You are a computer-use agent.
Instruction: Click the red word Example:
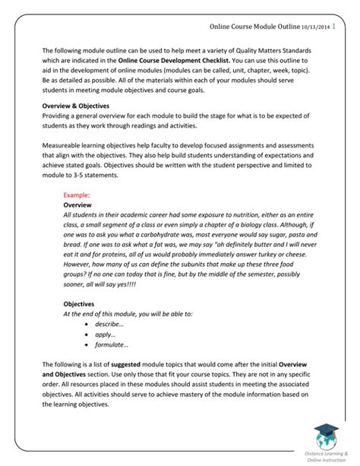coord(77,195)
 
